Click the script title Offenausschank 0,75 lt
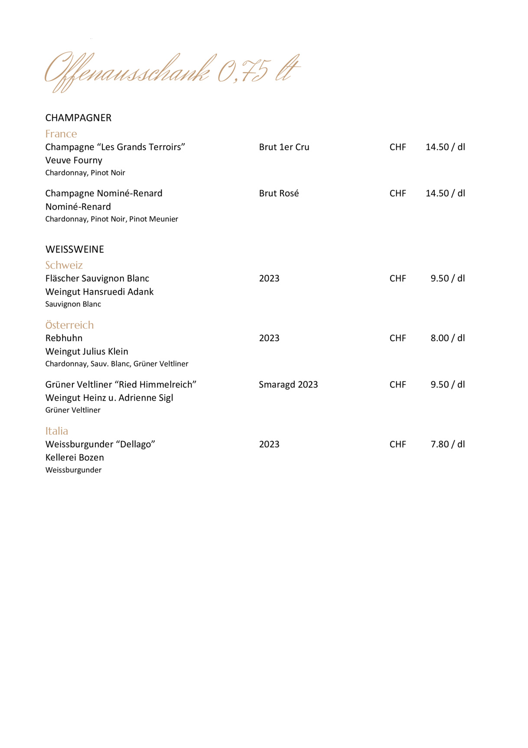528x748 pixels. tap(172, 71)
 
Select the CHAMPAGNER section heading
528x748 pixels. tap(78, 118)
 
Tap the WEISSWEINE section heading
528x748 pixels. tap(75, 249)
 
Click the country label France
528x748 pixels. tap(61, 134)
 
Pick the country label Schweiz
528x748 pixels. tap(64, 265)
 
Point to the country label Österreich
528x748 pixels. tap(69, 325)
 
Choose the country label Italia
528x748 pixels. tap(57, 431)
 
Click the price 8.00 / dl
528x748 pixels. tap(447, 338)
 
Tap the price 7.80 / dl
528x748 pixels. tap(447, 444)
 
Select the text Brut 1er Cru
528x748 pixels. tap(284, 147)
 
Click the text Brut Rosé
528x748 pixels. tap(279, 193)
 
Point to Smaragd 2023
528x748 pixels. tap(288, 385)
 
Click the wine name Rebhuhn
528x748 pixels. tap(64, 338)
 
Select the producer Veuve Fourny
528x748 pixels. tap(74, 160)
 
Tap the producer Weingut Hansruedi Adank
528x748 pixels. tap(99, 292)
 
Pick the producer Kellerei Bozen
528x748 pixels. tap(75, 458)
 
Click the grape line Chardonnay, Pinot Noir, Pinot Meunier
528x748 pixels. tap(111, 219)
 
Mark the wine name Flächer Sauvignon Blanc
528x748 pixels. tap(97, 278)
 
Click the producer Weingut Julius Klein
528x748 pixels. tap(87, 352)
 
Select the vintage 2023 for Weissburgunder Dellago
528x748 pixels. tap(269, 444)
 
